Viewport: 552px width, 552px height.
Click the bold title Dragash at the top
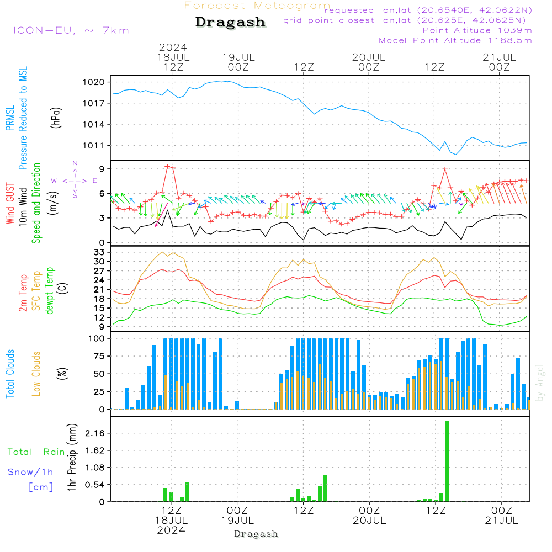pyautogui.click(x=230, y=22)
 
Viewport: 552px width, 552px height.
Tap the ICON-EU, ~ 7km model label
pyautogui.click(x=71, y=30)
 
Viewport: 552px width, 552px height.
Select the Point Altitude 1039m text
pyautogui.click(x=477, y=30)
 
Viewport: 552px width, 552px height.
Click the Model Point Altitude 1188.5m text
pyautogui.click(x=455, y=40)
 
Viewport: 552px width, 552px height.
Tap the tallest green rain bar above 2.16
pyautogui.click(x=447, y=461)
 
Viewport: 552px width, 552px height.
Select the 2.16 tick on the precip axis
pyautogui.click(x=97, y=433)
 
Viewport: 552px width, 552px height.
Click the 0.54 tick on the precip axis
pyautogui.click(x=97, y=485)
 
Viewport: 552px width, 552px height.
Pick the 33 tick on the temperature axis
pyautogui.click(x=100, y=252)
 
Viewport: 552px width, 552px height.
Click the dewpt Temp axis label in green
pyautogui.click(x=50, y=291)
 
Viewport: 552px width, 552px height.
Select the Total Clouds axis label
pyautogui.click(x=10, y=374)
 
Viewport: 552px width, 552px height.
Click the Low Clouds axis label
pyautogui.click(x=37, y=374)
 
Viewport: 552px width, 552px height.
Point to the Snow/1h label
pyautogui.click(x=30, y=472)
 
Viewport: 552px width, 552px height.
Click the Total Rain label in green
pyautogui.click(x=36, y=452)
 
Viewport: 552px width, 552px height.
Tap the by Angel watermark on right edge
pyautogui.click(x=540, y=383)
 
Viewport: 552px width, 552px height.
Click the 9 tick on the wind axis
pyautogui.click(x=103, y=169)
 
